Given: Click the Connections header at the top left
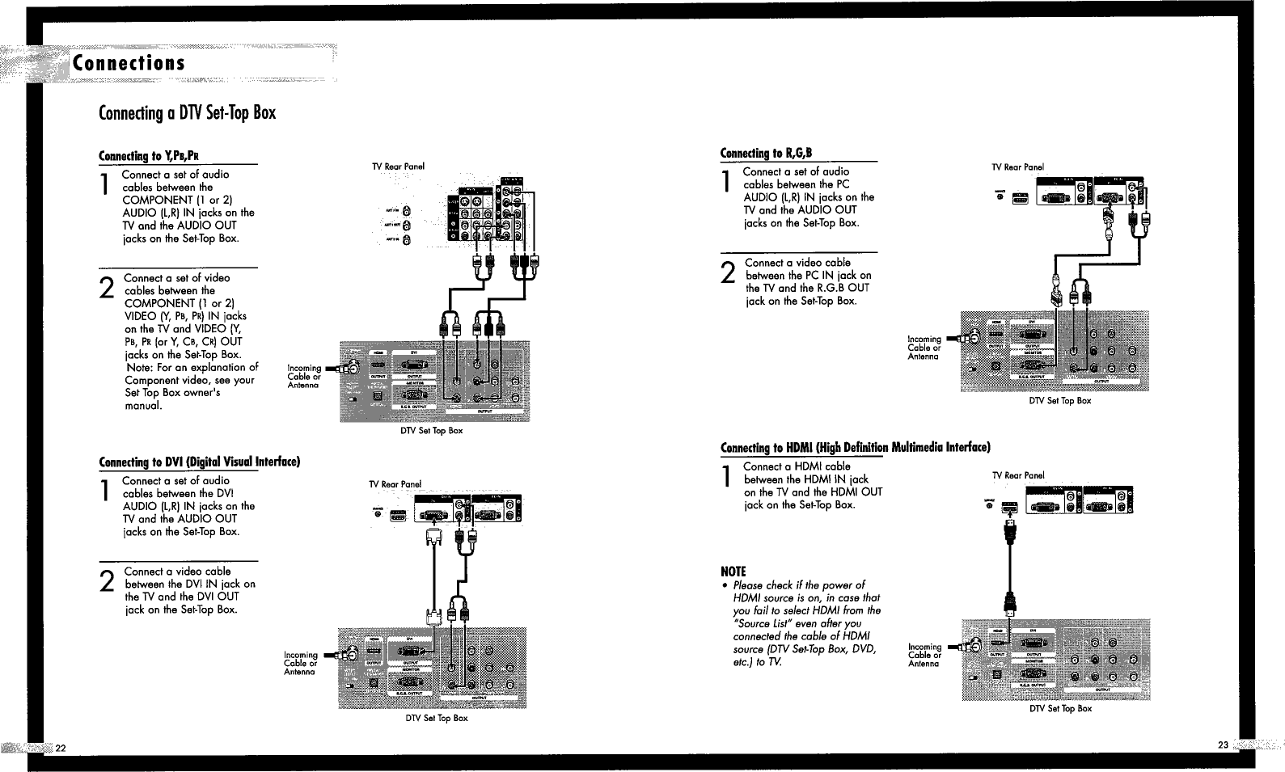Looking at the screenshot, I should (129, 63).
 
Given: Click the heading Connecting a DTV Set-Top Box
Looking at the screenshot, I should (187, 112).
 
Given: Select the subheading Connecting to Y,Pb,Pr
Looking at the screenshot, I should (149, 156).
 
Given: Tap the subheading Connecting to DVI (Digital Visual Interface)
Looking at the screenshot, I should (199, 462).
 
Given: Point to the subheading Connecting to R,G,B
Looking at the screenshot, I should (765, 153).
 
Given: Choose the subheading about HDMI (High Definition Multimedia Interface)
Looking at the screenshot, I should (855, 447).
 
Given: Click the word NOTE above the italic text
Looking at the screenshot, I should (733, 572).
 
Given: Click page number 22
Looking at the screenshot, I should (61, 745).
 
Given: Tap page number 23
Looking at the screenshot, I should (1223, 745).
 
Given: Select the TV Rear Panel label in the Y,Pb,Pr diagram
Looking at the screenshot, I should (398, 167).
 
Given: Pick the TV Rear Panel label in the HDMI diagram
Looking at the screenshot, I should (1018, 475).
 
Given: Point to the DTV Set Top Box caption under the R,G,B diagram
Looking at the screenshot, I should (1059, 401).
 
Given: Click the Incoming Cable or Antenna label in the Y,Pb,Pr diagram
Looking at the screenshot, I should (304, 377).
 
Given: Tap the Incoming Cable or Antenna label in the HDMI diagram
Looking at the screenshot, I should (924, 656).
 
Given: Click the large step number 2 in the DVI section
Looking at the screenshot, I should (106, 582).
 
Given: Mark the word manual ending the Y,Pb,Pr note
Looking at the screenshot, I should (143, 406).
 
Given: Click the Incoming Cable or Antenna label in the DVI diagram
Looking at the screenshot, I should (300, 664).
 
